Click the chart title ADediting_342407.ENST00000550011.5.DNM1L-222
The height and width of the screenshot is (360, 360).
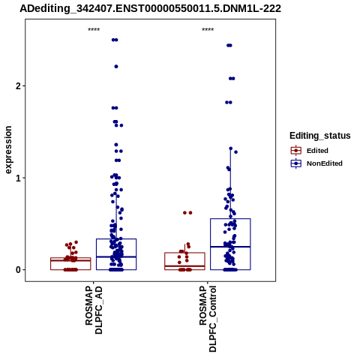151,9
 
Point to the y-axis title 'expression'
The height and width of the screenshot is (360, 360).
8,150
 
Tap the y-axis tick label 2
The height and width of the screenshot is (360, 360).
18,86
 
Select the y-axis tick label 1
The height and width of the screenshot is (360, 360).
18,178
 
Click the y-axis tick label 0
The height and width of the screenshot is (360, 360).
18,270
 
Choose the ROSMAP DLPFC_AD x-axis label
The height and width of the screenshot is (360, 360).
94,310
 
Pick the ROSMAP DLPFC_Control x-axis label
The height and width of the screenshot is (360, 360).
208,319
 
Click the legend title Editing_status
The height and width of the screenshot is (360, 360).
320,136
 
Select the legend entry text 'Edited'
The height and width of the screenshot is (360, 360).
317,151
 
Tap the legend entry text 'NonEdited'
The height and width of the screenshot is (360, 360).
325,163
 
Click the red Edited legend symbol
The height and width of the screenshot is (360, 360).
296,151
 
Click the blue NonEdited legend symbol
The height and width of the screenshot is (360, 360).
296,163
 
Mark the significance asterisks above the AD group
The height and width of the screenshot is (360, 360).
94,30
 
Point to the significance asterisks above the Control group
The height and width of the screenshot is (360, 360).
208,30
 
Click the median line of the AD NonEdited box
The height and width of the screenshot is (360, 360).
116,256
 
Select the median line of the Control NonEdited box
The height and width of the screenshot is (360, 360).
230,247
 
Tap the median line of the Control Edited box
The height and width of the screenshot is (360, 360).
184,266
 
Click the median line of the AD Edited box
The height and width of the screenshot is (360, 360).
70,260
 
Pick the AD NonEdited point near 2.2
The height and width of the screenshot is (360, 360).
116,67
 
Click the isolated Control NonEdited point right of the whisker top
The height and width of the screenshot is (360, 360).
235,152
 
